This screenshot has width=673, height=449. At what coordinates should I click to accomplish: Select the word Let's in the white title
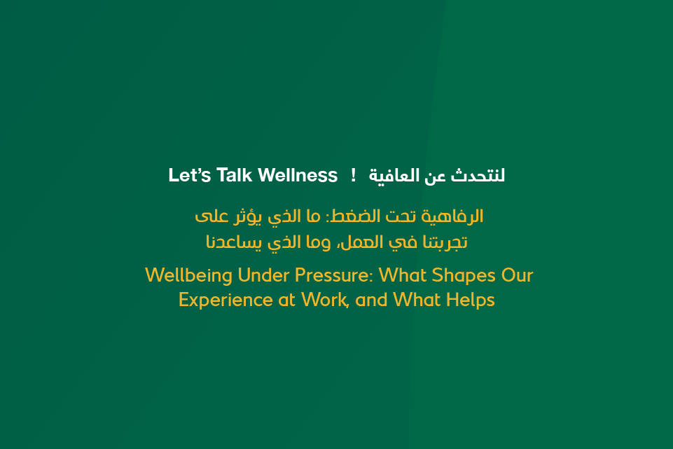(190, 175)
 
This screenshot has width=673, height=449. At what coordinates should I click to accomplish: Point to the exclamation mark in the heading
(354, 175)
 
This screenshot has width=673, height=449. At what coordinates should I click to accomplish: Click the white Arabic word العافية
(396, 175)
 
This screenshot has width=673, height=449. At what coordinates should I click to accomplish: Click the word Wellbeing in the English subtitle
(188, 275)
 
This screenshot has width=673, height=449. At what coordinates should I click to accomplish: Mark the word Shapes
(465, 275)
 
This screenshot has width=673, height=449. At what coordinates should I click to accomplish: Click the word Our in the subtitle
(518, 275)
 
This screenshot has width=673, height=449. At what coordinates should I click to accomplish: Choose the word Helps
(473, 301)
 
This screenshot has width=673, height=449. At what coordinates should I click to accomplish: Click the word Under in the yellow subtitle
(259, 275)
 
